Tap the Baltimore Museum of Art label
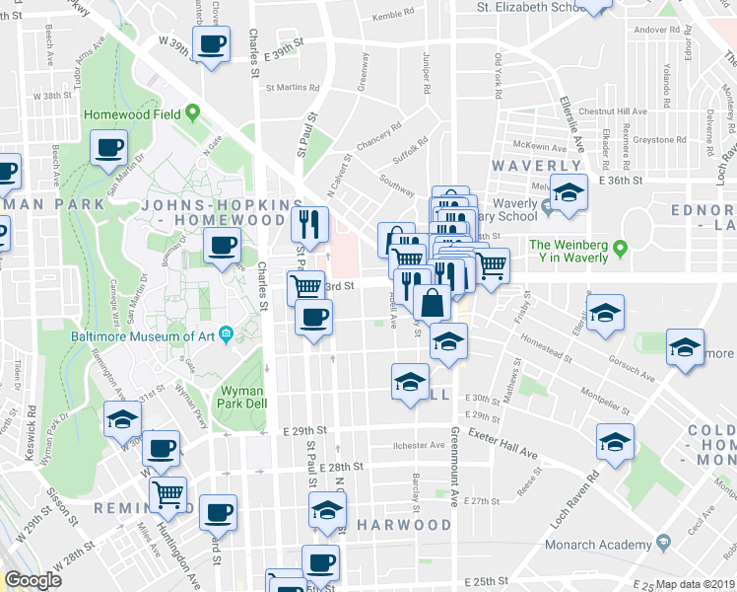coord(150,335)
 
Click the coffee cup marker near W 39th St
coord(212,44)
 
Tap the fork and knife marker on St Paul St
coord(310,225)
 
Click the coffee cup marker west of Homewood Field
coord(109,148)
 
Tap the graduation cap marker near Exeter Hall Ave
coord(615,441)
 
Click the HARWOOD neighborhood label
coord(404,524)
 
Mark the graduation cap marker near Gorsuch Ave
coord(685,347)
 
